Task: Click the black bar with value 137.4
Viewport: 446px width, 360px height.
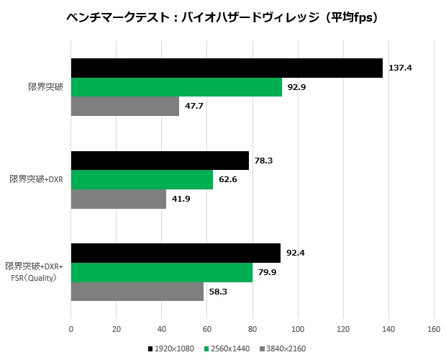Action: (x=227, y=68)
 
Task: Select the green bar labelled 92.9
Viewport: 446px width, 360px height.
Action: (x=176, y=87)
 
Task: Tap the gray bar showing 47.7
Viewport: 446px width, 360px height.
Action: (x=124, y=106)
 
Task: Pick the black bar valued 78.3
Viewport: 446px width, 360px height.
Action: (x=160, y=161)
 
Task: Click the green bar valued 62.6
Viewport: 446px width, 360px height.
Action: (x=142, y=179)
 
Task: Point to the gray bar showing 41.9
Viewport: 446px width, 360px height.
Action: (x=118, y=199)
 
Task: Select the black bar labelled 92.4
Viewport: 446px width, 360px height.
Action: (x=176, y=253)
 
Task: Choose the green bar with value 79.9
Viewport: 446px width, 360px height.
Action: (x=161, y=272)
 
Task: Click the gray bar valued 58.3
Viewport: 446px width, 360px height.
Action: (x=137, y=292)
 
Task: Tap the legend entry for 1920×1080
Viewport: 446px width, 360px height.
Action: (x=173, y=349)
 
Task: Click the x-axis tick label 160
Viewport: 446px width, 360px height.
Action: (x=433, y=329)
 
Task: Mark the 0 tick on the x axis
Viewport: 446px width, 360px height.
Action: (x=70, y=329)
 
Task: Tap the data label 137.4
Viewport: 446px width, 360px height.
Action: (x=400, y=68)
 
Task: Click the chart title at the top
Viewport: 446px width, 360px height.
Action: (x=223, y=18)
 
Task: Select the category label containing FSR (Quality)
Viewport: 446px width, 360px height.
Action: (x=35, y=273)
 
